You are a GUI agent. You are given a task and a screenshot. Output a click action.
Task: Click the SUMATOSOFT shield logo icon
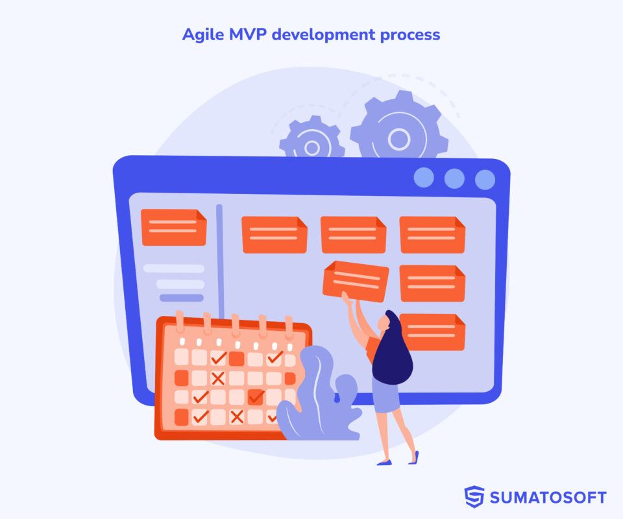click(x=474, y=497)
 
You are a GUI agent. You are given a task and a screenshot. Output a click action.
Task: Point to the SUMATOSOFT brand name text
click(x=548, y=498)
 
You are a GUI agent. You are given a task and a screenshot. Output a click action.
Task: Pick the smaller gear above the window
click(x=311, y=142)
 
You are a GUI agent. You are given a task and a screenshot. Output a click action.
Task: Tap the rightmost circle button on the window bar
click(x=485, y=179)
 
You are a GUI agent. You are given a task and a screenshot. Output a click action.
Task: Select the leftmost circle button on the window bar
click(x=424, y=178)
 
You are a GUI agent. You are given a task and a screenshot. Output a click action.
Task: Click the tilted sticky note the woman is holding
click(x=356, y=280)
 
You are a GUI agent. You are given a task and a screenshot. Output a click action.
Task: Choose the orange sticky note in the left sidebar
click(x=173, y=227)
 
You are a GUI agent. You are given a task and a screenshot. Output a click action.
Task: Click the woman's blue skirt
click(x=386, y=394)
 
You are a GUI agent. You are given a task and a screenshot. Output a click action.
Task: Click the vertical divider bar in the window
click(x=220, y=259)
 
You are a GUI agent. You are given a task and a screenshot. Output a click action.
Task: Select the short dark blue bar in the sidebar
click(x=182, y=298)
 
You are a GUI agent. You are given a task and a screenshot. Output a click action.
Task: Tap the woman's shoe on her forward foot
click(x=384, y=462)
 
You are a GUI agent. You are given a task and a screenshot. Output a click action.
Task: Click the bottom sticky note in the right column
click(x=432, y=332)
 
